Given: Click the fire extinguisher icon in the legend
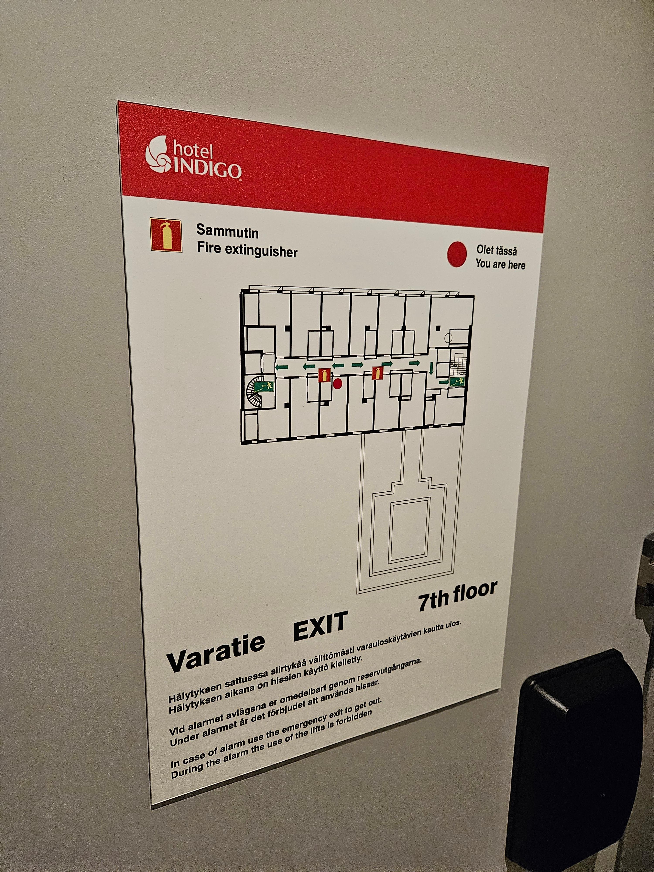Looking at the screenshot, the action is point(166,235).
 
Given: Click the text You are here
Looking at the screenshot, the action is point(500,264).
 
